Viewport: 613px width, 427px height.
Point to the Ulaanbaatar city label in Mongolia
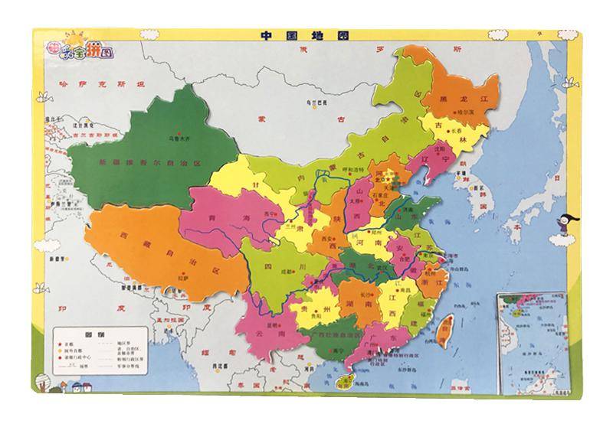(306, 103)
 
